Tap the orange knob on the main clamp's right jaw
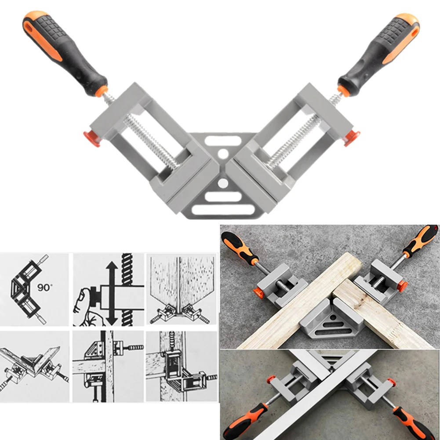(x=352, y=138)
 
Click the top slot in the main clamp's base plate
(x=223, y=141)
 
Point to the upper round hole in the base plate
(x=223, y=154)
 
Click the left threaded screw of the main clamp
(x=149, y=141)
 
